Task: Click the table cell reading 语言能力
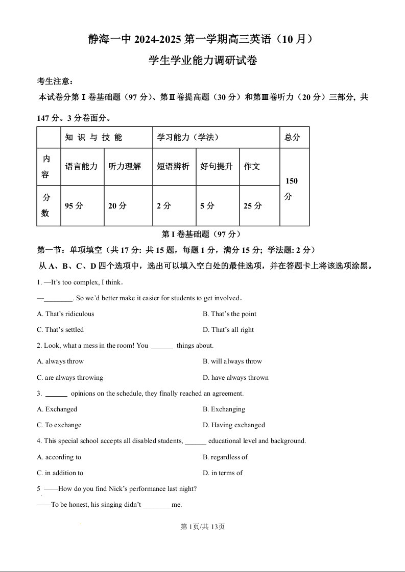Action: coord(82,166)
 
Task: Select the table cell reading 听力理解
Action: coord(125,166)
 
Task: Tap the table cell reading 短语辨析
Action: coord(173,166)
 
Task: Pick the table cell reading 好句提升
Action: coord(217,166)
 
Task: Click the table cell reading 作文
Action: coord(252,166)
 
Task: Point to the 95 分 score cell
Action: coord(74,206)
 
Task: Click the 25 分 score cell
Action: coord(253,206)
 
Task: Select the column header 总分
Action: coord(293,137)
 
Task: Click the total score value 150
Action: coord(292,181)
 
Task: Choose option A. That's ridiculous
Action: coord(65,314)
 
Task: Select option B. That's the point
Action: coord(229,314)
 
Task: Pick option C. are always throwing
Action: coord(70,378)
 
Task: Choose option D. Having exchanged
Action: coord(234,425)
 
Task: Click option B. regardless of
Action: coord(225,457)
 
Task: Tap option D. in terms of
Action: coord(223,473)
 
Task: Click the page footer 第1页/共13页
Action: coord(203,527)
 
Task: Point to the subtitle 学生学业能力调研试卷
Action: coord(203,61)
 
